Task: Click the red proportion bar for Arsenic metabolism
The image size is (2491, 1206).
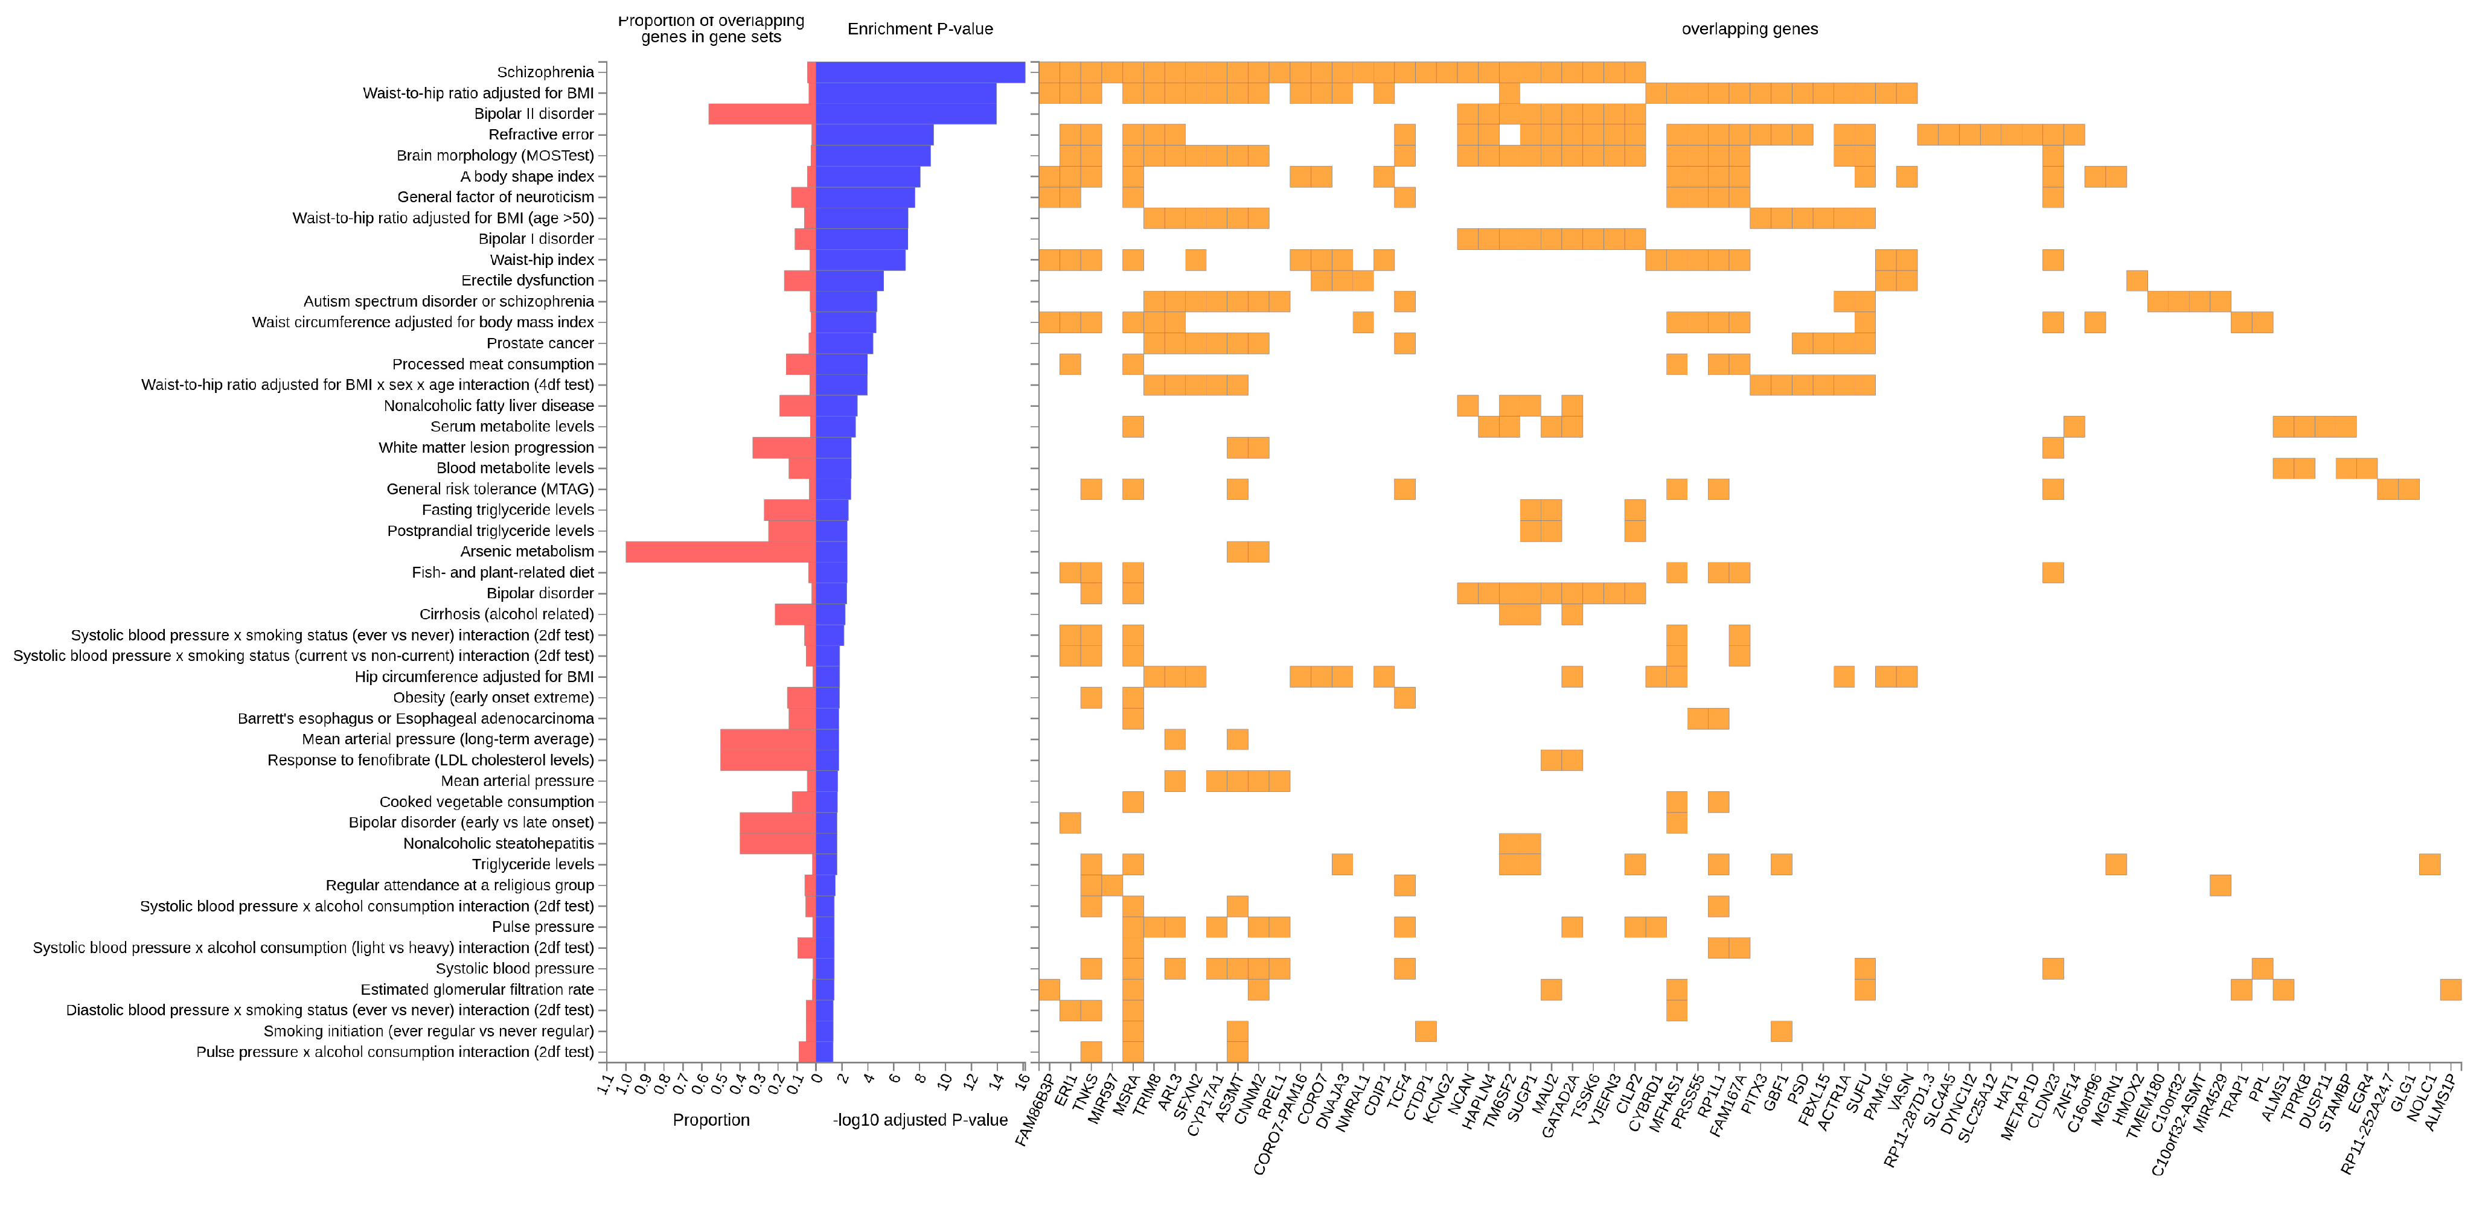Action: [720, 551]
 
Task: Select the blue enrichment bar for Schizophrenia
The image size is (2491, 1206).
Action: [919, 72]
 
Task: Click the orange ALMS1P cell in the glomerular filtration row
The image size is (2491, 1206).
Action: [2449, 989]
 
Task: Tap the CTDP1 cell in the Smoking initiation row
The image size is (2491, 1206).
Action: [1425, 1031]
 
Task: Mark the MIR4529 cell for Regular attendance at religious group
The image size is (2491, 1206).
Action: [2221, 885]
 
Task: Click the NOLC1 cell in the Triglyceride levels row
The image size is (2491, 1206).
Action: [2429, 864]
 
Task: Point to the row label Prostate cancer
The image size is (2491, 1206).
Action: [540, 343]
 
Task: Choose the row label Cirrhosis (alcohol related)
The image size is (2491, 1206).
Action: [507, 614]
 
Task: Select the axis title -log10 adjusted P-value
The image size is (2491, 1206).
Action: [919, 1120]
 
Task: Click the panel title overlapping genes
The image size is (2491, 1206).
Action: [1749, 29]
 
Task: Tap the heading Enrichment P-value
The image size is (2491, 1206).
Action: [919, 29]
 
